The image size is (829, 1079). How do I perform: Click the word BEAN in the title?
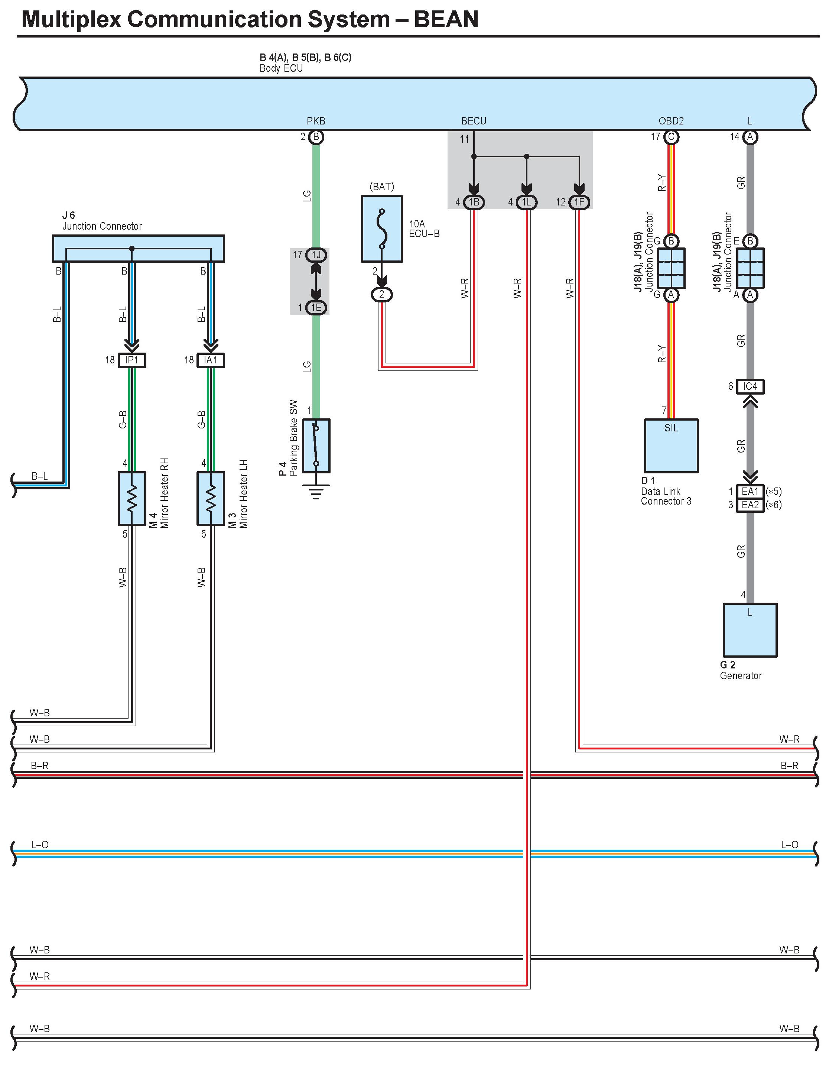(446, 19)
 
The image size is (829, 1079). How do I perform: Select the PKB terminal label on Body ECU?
(316, 121)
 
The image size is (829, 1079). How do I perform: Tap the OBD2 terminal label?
(671, 121)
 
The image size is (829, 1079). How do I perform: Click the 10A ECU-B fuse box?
(382, 229)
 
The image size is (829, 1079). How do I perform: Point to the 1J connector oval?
(316, 255)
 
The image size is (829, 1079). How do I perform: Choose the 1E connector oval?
(316, 308)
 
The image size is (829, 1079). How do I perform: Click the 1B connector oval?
(474, 202)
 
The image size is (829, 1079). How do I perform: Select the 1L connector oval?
(527, 202)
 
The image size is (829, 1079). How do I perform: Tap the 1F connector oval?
(579, 202)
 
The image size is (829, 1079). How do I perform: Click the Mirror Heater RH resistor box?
(132, 499)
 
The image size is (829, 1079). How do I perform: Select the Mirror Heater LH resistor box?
(211, 499)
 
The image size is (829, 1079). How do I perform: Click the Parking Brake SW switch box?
(316, 446)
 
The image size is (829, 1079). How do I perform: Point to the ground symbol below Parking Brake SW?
(316, 492)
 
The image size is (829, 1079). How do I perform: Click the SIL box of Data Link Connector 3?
(671, 446)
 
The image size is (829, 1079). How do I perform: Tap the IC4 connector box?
(750, 386)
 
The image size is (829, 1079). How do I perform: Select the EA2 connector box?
(750, 505)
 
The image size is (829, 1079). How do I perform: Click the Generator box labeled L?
(750, 630)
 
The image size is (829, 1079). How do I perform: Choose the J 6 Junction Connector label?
(102, 221)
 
